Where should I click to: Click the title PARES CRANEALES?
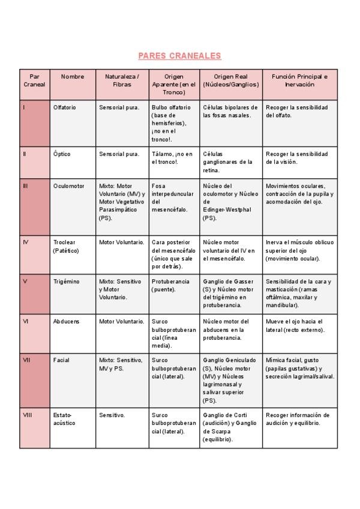coord(179,56)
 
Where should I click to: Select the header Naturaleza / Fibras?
coord(122,80)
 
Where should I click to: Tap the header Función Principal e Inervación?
coord(299,80)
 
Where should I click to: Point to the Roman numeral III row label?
coord(25,186)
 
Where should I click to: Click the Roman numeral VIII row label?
coord(27,415)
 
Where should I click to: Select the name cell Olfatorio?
coord(65,107)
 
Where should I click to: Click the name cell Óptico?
coord(62,154)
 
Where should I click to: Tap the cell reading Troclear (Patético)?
coord(66,246)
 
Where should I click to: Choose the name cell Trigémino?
coord(66,282)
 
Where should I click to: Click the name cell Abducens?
coord(66,321)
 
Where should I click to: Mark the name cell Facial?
coord(61,360)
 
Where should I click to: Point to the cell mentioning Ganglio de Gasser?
coord(230,293)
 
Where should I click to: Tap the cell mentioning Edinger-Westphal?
coord(230,202)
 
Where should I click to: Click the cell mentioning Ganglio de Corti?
coord(230,426)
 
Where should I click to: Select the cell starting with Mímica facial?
coord(299,368)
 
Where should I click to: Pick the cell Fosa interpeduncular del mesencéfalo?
coord(173,198)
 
